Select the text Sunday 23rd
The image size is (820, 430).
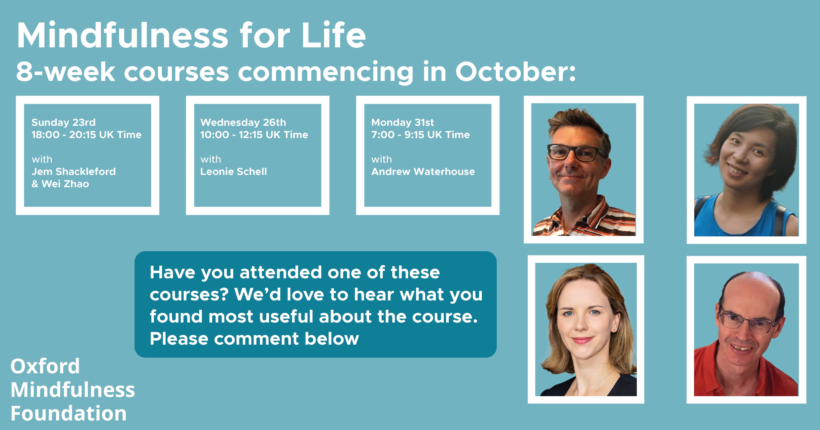[63, 123]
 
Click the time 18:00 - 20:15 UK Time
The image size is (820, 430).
[86, 134]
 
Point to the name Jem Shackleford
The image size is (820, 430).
[73, 172]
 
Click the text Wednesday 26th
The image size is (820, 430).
[243, 123]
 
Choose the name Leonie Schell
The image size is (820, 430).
[234, 172]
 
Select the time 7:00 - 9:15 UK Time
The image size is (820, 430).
[420, 134]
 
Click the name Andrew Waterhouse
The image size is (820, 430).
[423, 172]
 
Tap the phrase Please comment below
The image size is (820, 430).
[254, 339]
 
